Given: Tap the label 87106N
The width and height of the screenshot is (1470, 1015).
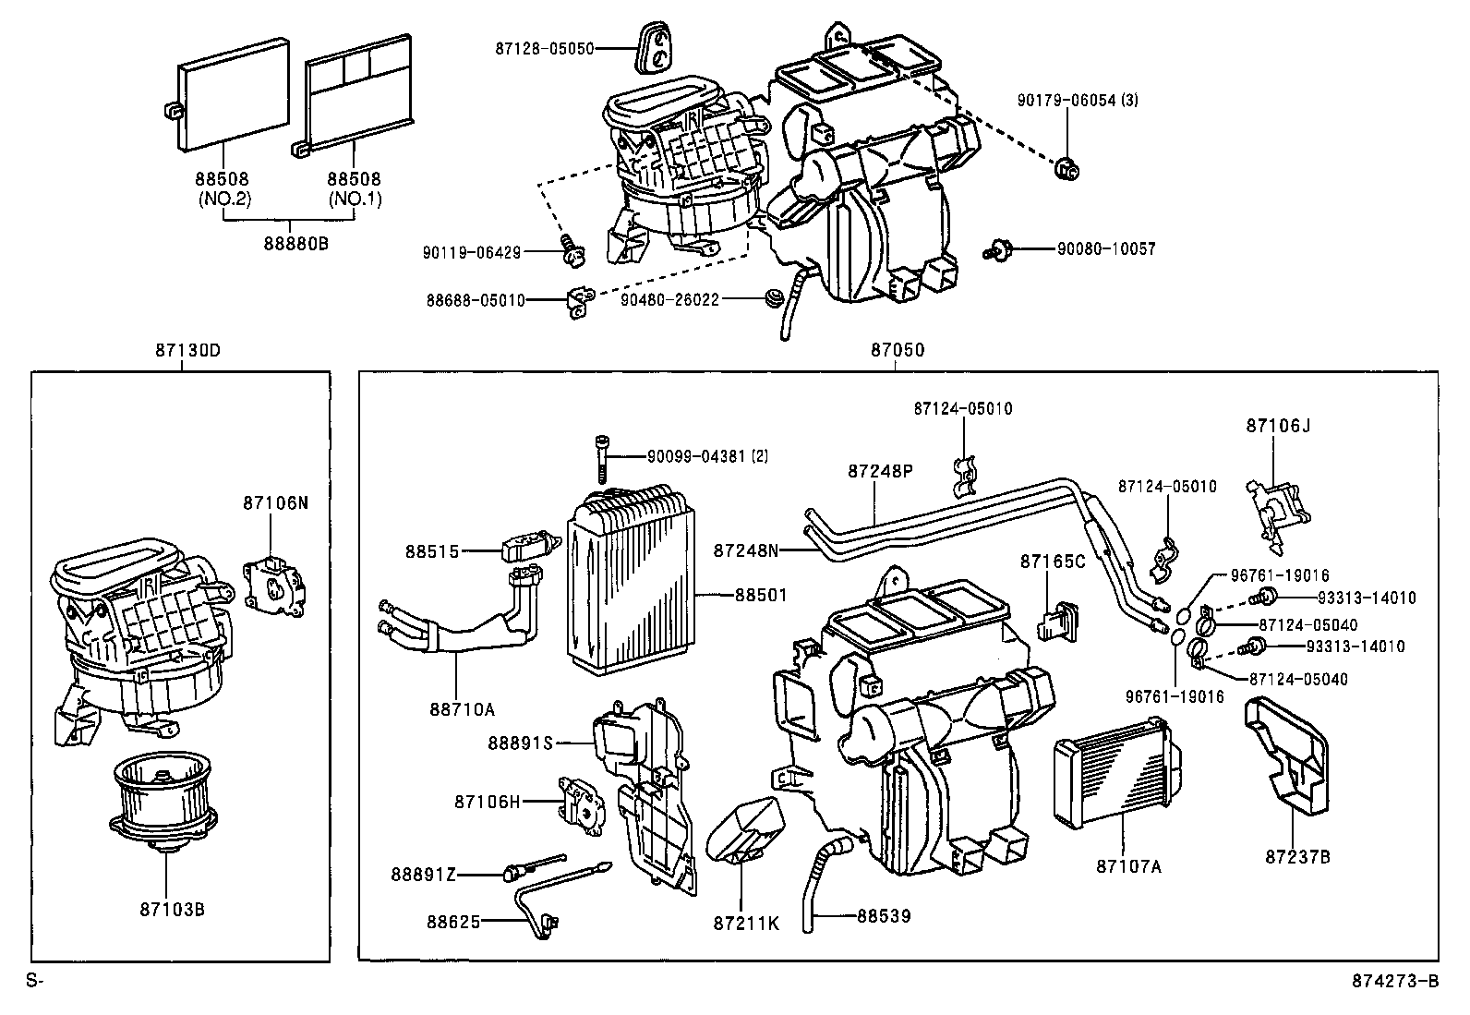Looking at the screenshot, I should click(x=274, y=503).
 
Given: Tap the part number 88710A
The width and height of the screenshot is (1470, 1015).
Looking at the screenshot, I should click(x=462, y=709).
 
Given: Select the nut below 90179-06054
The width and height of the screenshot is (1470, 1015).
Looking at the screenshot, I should click(x=1067, y=169).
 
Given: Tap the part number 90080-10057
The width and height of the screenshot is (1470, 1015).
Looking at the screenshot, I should click(x=1106, y=248).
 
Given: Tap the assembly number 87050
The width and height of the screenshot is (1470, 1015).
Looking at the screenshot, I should click(x=897, y=351).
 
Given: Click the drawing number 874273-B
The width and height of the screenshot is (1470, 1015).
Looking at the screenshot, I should click(x=1395, y=982).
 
